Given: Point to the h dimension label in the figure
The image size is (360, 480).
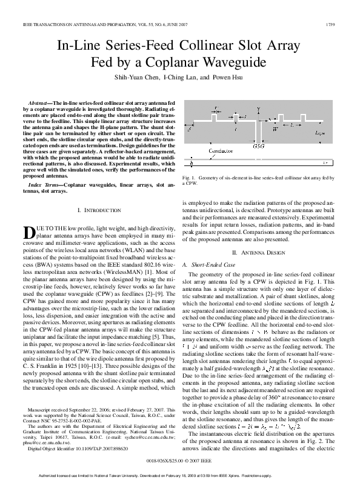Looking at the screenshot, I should pyautogui.click(x=192, y=163).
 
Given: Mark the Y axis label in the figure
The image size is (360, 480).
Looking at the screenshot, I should pyautogui.click(x=258, y=109).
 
